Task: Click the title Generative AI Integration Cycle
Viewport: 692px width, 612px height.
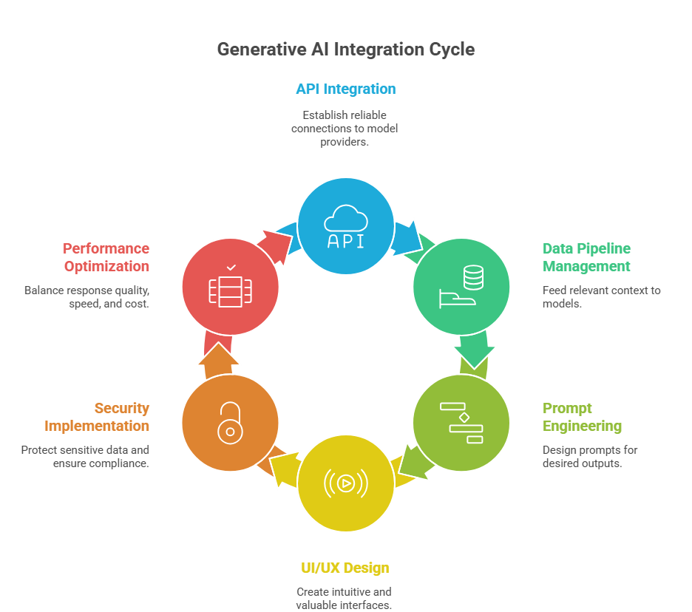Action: coord(345,50)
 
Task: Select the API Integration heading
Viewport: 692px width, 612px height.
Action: coord(345,89)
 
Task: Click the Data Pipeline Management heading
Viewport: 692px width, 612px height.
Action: coord(587,257)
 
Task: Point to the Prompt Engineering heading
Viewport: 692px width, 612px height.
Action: coord(582,417)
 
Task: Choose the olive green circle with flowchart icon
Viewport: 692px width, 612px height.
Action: coord(461,423)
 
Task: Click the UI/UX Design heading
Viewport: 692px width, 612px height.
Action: coord(345,568)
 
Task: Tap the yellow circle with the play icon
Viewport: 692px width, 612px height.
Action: coord(345,483)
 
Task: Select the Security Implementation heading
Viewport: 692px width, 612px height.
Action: coord(97,417)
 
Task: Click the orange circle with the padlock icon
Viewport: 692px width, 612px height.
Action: coord(230,423)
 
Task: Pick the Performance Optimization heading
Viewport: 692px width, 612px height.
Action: coord(106,257)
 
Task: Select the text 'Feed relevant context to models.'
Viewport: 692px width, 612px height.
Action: coord(601,297)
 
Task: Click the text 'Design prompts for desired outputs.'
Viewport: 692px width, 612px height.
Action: coord(589,457)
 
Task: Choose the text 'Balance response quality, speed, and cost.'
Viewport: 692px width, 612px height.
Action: coord(87,297)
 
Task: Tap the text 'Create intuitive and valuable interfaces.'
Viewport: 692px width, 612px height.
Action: coord(344,598)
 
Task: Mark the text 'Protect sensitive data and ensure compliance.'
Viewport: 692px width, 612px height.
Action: coord(86,457)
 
